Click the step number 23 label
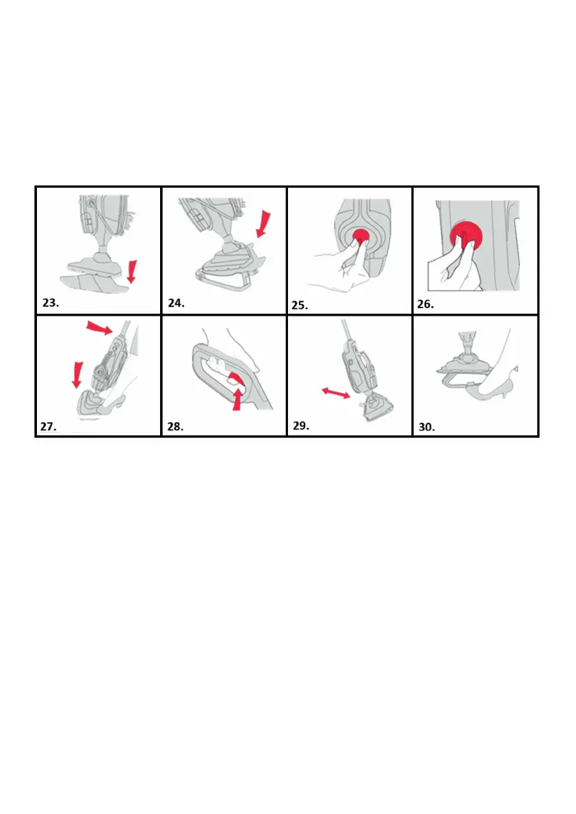[51, 303]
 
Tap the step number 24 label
[176, 303]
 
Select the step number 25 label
[300, 306]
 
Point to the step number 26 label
[426, 304]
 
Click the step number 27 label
[49, 426]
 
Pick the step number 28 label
[175, 426]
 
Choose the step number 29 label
[301, 426]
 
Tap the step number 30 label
[427, 427]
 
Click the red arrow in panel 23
[132, 271]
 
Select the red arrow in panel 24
[264, 223]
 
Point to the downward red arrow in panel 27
[77, 375]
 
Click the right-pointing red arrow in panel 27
[99, 327]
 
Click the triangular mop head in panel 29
[378, 409]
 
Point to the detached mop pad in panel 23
[94, 284]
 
